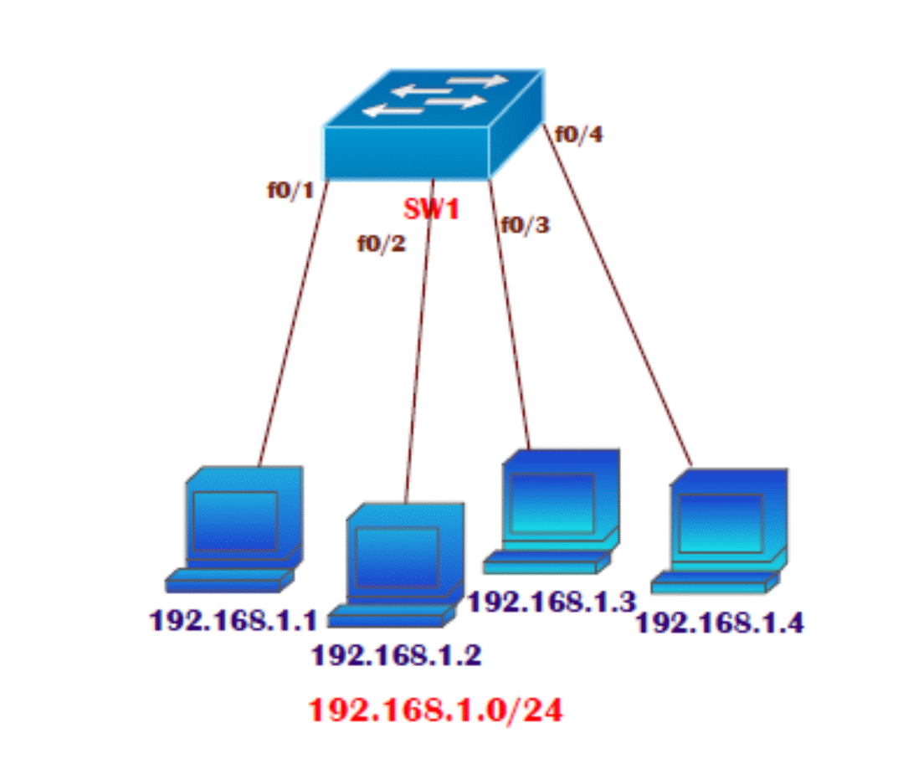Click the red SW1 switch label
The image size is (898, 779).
(x=432, y=208)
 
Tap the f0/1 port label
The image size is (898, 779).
(x=290, y=190)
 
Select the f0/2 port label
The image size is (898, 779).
(x=381, y=243)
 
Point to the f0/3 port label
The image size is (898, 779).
(x=525, y=224)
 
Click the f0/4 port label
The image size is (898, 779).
(x=578, y=134)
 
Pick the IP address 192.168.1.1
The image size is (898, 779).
(x=233, y=620)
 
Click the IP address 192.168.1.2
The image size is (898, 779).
(x=397, y=654)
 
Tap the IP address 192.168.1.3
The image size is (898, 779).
(x=552, y=601)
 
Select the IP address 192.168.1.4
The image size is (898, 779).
(x=720, y=623)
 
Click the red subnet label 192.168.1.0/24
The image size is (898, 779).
(x=436, y=710)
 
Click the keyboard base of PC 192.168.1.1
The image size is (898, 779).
(x=228, y=580)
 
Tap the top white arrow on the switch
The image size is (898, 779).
(x=478, y=81)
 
